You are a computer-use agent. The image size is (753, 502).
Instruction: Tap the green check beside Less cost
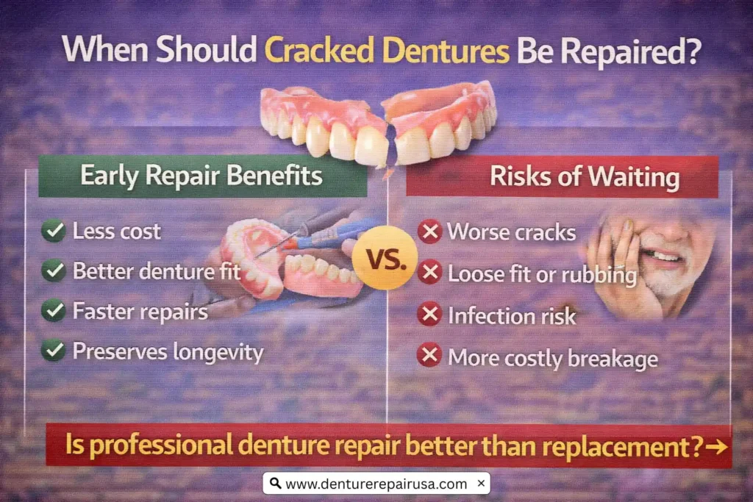[53, 232]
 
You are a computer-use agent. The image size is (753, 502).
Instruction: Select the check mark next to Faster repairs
[53, 311]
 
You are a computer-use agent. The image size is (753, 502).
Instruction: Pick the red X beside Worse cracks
[429, 232]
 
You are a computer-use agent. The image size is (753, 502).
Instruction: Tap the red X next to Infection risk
[429, 315]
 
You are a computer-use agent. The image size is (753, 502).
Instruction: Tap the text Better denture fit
[157, 271]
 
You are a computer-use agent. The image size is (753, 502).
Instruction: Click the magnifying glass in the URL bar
[275, 484]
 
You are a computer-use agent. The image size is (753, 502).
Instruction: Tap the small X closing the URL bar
[480, 483]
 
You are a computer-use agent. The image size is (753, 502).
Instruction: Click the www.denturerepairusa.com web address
[376, 484]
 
